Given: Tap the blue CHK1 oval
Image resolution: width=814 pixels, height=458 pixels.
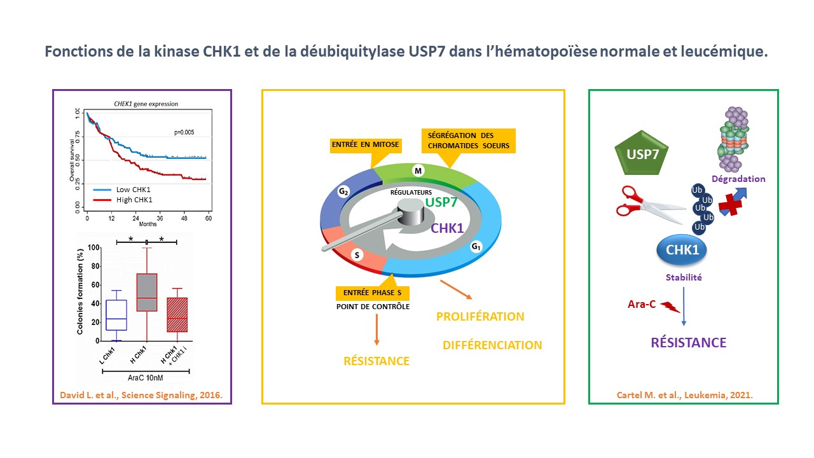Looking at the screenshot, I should click(x=682, y=250).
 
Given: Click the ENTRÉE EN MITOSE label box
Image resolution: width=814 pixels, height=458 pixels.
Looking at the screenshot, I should click(x=365, y=145).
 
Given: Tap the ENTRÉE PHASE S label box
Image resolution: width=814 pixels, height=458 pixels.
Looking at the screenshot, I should click(x=373, y=293).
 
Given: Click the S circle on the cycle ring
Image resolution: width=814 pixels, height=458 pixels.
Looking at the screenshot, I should click(x=357, y=255).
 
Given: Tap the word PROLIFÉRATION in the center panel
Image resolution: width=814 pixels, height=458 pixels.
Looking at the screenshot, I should click(x=480, y=316).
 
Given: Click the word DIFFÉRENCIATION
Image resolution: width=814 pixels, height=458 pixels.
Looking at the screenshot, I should click(x=492, y=345).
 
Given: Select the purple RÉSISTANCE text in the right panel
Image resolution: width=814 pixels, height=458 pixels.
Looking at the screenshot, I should click(x=688, y=343).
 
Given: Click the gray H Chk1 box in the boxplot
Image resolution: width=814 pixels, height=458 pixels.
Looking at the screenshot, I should click(x=147, y=292).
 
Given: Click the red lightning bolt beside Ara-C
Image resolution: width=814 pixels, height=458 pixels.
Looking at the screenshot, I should click(x=670, y=307).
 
